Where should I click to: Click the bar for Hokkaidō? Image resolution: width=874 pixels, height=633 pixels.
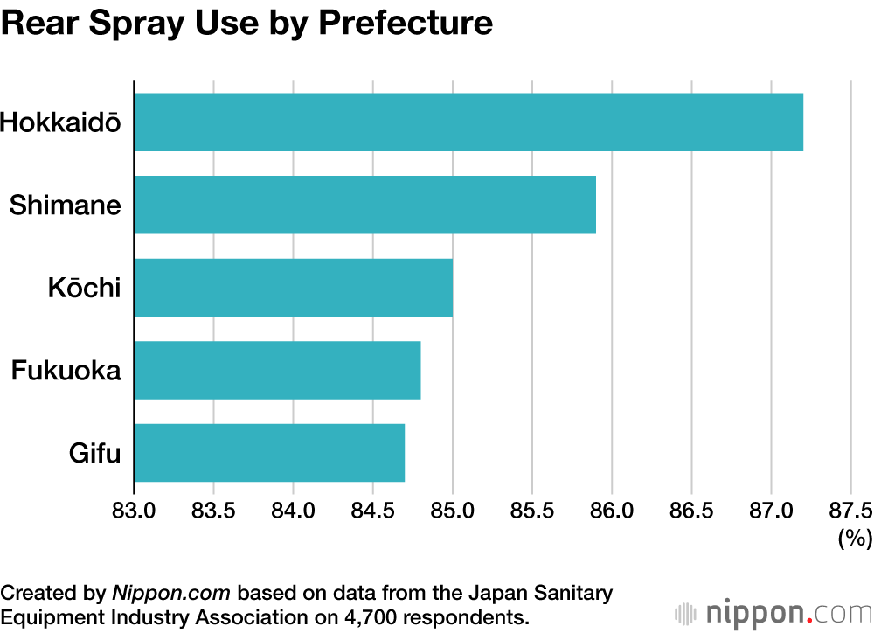(x=468, y=122)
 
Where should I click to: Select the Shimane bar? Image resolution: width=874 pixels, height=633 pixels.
(x=364, y=205)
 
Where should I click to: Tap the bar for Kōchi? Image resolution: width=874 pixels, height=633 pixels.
(x=293, y=287)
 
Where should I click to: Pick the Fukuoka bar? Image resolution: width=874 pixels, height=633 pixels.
(x=277, y=370)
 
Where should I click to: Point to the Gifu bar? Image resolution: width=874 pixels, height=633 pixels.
(x=269, y=452)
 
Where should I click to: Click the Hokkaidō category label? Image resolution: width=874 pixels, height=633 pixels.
(x=60, y=122)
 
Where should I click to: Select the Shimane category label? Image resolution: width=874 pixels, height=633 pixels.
(x=66, y=205)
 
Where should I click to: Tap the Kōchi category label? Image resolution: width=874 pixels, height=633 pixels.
(x=84, y=288)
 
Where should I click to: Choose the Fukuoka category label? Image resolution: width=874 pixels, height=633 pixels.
(x=66, y=371)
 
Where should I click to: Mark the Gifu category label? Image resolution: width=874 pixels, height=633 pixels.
(x=94, y=453)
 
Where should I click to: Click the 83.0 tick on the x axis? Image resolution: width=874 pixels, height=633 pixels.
(x=134, y=510)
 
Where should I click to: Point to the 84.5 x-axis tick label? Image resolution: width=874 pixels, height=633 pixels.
(x=372, y=510)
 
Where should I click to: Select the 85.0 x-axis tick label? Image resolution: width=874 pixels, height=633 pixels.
(x=452, y=510)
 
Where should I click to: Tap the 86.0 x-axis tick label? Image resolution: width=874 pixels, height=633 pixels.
(x=612, y=510)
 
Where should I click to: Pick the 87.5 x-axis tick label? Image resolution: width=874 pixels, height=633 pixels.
(x=850, y=510)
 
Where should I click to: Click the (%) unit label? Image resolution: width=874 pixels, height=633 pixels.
(x=855, y=539)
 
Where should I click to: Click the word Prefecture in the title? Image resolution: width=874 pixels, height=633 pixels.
(x=406, y=23)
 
